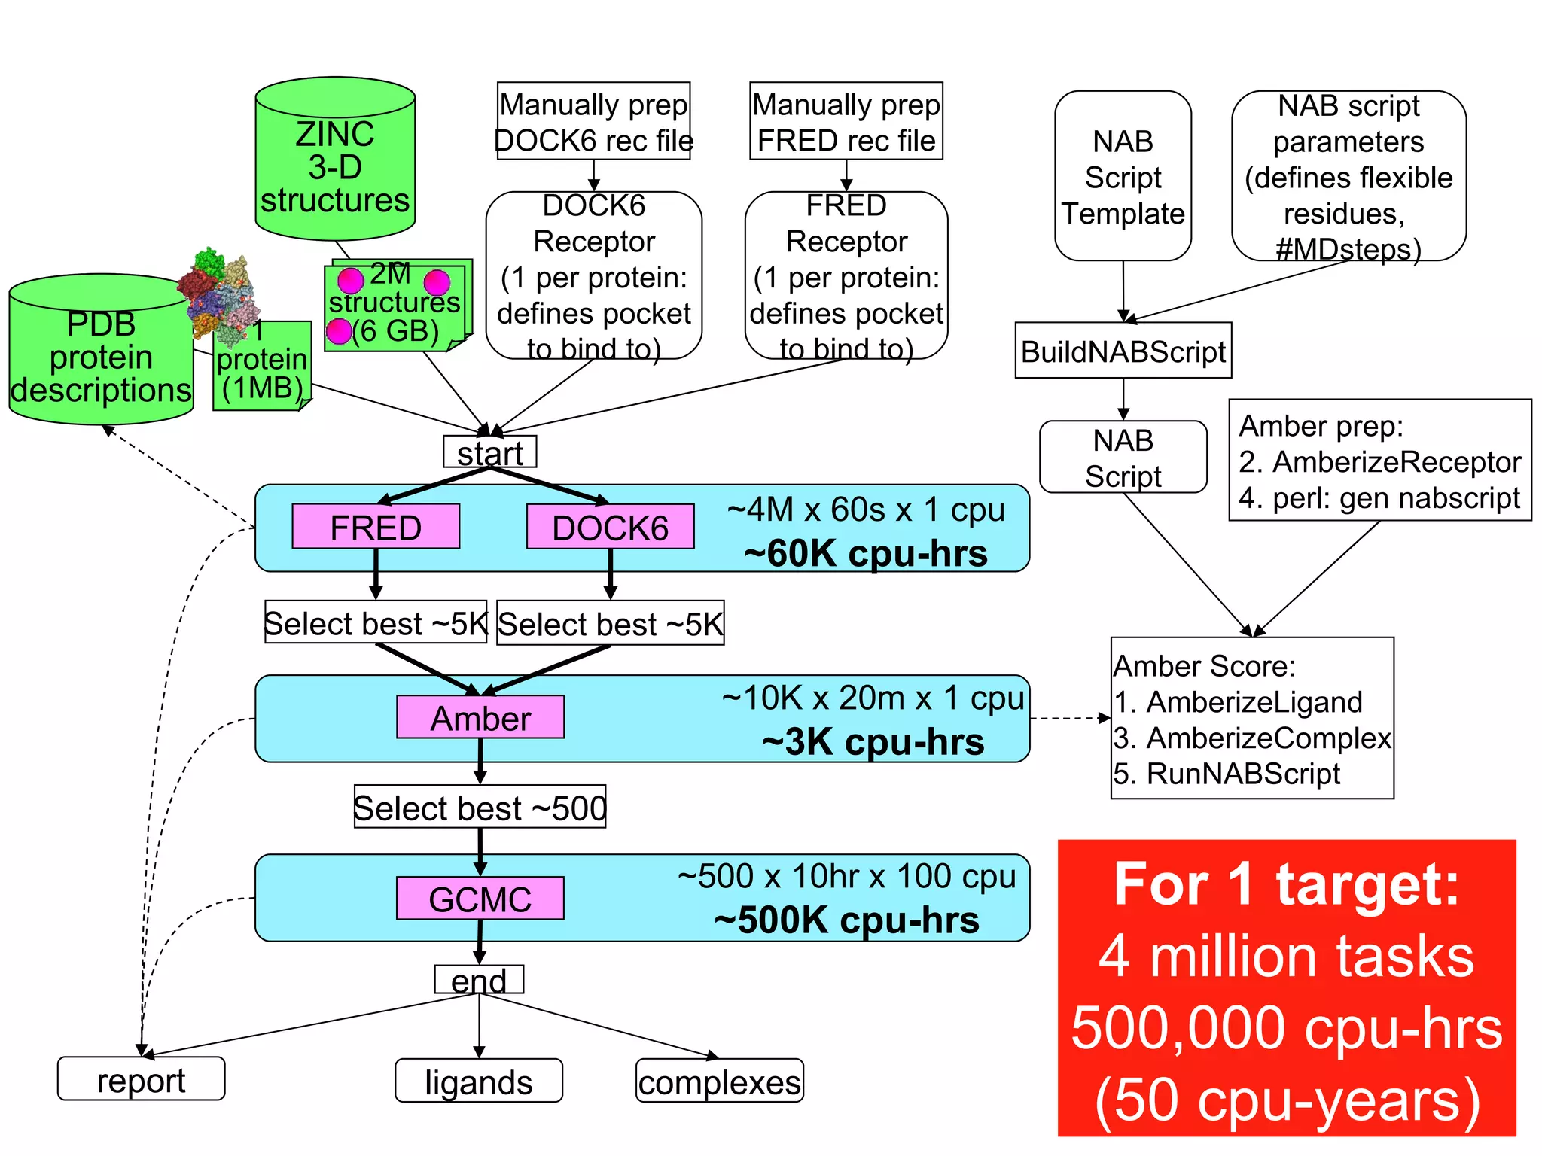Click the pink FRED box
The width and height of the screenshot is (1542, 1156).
click(375, 527)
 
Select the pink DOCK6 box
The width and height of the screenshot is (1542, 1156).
click(610, 527)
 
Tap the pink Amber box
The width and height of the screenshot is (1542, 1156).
click(480, 717)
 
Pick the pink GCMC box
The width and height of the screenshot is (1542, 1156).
click(480, 899)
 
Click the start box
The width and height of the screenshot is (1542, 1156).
click(489, 452)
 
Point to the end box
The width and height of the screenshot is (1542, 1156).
click(479, 980)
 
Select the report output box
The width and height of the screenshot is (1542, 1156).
click(141, 1079)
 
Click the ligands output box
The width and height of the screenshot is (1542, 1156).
click(479, 1081)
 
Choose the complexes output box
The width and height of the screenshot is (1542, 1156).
click(719, 1081)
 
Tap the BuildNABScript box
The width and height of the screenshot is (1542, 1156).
click(1123, 351)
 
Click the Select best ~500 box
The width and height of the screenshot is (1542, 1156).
click(480, 808)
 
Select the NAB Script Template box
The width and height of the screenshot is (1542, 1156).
click(1123, 177)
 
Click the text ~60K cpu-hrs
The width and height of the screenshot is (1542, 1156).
click(865, 553)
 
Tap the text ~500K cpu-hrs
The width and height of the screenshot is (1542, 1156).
click(846, 920)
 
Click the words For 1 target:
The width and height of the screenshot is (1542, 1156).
click(1286, 884)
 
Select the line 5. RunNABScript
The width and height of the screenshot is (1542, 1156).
click(1227, 774)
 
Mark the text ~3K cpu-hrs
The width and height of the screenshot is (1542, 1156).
click(873, 741)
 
